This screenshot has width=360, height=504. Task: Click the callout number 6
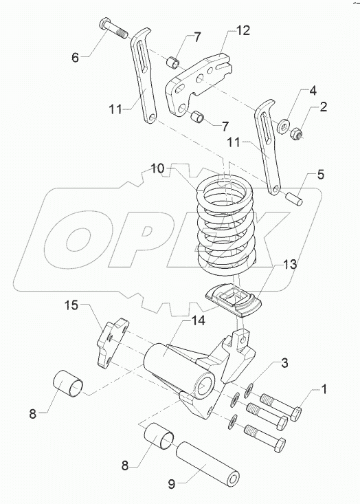pos(75,58)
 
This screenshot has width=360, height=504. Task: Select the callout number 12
pos(243,30)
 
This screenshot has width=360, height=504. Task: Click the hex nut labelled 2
pos(295,133)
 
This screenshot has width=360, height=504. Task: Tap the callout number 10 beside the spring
pos(158,168)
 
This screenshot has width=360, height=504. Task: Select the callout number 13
pos(290,265)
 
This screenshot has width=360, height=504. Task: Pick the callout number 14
pos(198,320)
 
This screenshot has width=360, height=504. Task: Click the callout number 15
pos(71,305)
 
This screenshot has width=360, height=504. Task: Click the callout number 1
pos(324,389)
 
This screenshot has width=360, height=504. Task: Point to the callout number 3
pos(284,363)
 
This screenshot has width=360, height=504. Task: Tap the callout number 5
pos(321,175)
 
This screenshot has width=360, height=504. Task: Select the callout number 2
pos(324,107)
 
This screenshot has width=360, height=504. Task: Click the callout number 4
pos(313,91)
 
